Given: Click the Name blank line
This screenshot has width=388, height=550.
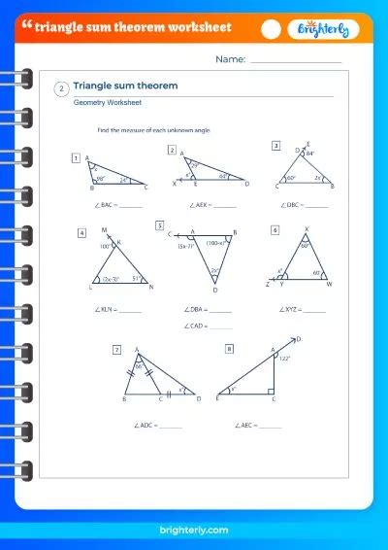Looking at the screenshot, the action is coord(296,61).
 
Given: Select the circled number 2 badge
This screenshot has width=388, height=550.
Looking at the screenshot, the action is coord(62,87).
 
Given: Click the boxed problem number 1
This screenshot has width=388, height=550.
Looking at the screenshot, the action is coord(76,157).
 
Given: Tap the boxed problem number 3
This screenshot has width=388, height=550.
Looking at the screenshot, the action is coord(275,147).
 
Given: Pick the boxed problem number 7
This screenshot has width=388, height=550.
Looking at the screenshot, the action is coord(117,349).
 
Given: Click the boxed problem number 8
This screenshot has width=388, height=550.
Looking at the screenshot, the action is coord(229,348).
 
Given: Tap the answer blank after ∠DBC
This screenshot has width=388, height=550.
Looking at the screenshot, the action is coord(316,205).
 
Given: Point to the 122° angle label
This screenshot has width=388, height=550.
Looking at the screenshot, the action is coord(286,358).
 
